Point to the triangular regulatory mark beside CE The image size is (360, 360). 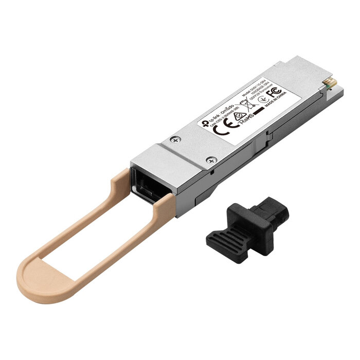(x=239, y=118)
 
